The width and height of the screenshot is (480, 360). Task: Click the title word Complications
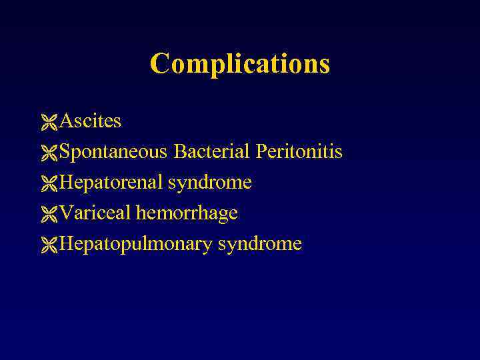click(x=240, y=64)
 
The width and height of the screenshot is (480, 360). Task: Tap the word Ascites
click(x=90, y=121)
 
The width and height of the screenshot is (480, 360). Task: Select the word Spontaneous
click(x=113, y=153)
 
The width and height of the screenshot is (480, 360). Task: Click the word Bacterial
click(x=211, y=152)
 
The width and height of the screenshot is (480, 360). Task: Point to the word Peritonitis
click(x=299, y=152)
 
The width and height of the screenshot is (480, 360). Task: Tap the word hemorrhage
click(x=187, y=213)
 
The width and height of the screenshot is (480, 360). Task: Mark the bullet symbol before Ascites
click(x=49, y=122)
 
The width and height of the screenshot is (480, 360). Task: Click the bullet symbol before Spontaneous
click(x=49, y=153)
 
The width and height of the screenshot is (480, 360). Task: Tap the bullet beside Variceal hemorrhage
click(x=49, y=214)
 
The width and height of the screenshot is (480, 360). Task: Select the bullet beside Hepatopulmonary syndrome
click(x=49, y=245)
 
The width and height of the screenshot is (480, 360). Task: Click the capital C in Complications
click(x=159, y=64)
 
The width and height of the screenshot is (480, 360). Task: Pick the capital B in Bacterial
click(x=179, y=152)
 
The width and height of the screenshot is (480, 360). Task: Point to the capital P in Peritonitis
click(x=261, y=152)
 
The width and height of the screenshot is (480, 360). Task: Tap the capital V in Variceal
click(x=65, y=213)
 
